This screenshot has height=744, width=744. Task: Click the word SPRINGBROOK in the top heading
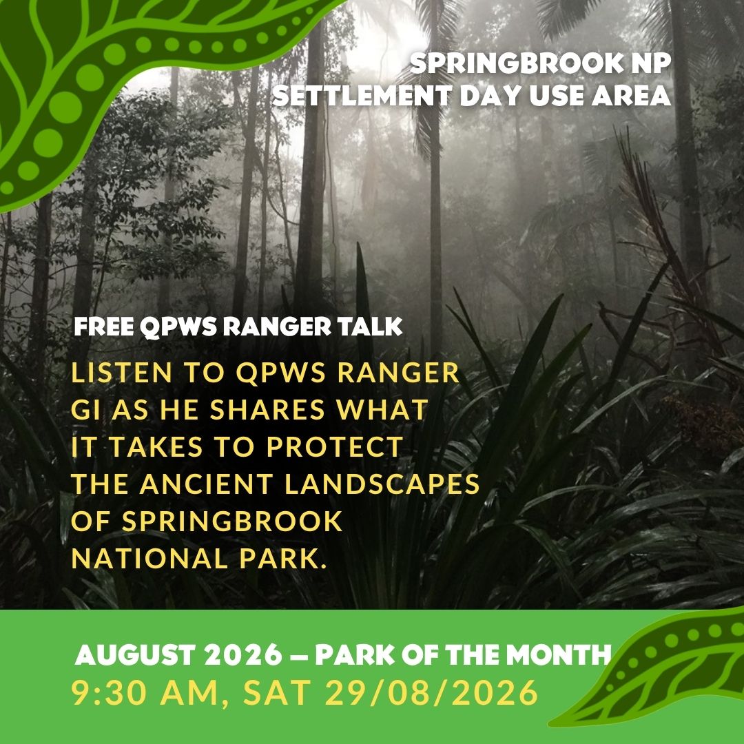[x=517, y=63]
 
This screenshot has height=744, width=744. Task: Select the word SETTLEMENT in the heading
[x=362, y=96]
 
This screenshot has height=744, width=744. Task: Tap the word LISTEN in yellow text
[x=121, y=373]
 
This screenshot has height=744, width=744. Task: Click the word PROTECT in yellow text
[x=335, y=447]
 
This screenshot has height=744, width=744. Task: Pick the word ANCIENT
[x=206, y=484]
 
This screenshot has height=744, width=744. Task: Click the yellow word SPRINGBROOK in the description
[x=232, y=521]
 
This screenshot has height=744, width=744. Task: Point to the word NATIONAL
[x=149, y=559]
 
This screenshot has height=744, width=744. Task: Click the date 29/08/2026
[x=431, y=693]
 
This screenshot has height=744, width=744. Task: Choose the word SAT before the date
[x=278, y=693]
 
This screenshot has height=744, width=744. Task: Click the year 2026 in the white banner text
[x=244, y=655]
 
